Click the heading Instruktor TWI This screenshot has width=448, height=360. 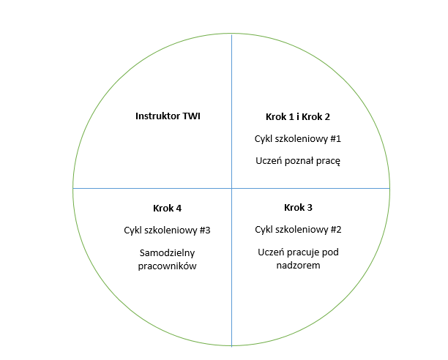pos(168,116)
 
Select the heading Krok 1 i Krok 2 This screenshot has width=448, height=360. pos(298,117)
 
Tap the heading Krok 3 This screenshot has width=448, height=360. pos(298,208)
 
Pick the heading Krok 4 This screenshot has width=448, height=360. pos(167,209)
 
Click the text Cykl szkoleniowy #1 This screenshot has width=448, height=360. pos(298,139)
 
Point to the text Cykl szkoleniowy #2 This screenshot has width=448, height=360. pos(298,230)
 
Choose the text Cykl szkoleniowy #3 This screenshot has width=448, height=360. pos(167,230)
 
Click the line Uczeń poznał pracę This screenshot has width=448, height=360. pos(298,161)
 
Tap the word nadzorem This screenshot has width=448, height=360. pos(298,266)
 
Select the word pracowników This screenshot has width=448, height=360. pos(167,266)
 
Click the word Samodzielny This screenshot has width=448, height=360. pos(167,253)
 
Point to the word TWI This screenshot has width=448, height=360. pos(192,116)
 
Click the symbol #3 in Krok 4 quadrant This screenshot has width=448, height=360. pos(205,230)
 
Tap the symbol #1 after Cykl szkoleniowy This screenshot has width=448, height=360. pos(336,139)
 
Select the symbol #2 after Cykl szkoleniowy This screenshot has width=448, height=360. pos(336,230)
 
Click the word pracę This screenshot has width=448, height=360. pos(330,162)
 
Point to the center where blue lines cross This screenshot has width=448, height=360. pos(232,189)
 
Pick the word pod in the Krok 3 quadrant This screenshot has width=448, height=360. pos(330,252)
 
